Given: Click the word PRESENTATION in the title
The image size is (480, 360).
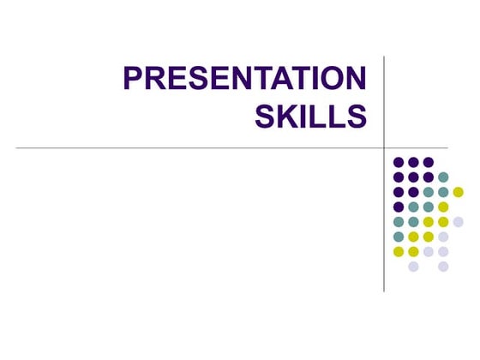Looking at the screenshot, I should [245, 79].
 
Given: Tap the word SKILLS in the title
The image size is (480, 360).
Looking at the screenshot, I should [311, 116].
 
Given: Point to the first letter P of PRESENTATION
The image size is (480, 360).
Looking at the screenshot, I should [135, 79].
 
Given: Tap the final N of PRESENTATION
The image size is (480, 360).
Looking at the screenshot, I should [355, 79].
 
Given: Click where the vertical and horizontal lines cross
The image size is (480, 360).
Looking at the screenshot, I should [384, 147].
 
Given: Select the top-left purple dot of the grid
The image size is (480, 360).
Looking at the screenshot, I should [399, 162].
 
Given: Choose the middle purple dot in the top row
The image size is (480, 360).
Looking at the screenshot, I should [413, 162].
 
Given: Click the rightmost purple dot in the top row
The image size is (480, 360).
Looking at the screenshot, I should [428, 162].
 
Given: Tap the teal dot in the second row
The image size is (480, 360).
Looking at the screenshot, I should [443, 177].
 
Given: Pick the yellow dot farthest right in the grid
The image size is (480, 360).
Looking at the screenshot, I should [458, 191].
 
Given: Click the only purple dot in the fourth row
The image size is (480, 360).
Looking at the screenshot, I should [399, 207].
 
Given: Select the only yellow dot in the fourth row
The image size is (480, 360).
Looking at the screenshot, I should [443, 207].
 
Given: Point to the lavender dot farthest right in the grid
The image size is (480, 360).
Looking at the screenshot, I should [458, 221].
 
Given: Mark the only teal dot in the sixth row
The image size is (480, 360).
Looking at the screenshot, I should [399, 237].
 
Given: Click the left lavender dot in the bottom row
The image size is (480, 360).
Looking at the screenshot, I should [413, 267].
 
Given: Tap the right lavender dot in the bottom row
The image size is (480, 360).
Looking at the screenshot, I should [443, 267].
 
